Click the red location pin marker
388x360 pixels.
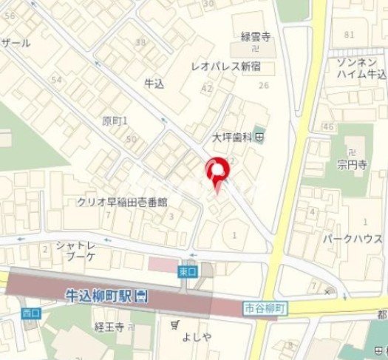[217, 172]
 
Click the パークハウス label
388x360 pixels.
[351, 239]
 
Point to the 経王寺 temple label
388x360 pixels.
[108, 325]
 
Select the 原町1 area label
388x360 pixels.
[115, 120]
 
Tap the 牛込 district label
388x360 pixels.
[153, 84]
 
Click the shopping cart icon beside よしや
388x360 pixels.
[174, 325]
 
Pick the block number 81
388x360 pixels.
[349, 34]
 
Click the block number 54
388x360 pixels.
[56, 78]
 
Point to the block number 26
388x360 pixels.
[263, 86]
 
